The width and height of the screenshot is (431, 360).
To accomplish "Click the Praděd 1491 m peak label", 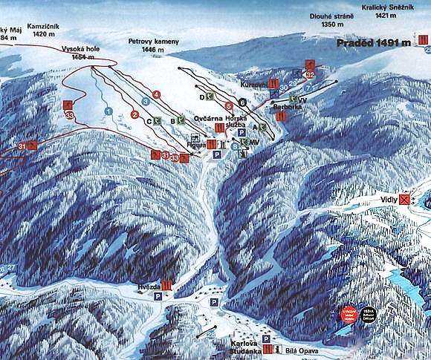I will (373, 43).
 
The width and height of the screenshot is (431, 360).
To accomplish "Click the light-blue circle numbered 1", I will (108, 111).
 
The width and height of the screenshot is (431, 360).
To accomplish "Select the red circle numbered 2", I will (135, 114).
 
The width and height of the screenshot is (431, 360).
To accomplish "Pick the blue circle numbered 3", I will (146, 101).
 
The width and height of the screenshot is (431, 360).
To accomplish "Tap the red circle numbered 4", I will (156, 94).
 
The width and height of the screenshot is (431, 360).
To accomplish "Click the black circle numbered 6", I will (242, 101).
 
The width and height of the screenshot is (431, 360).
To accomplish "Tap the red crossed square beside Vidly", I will (404, 199).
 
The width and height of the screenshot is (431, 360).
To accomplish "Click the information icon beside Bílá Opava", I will (276, 349).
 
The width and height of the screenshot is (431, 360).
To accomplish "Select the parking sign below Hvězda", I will (158, 296).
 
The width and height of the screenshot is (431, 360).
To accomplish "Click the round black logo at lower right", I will (369, 313).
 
